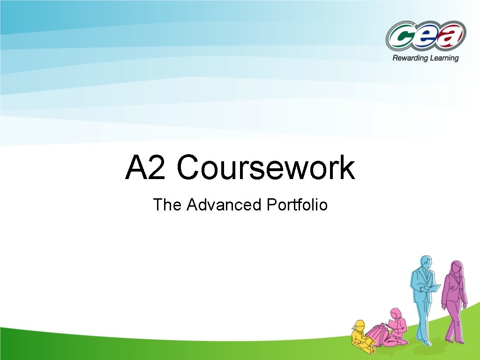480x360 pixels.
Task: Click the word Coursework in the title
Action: [x=266, y=168]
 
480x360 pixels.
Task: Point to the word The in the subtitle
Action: [x=167, y=205]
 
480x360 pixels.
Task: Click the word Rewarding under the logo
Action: [x=409, y=58]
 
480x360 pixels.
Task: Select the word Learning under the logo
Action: [x=443, y=58]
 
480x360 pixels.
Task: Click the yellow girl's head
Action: [x=360, y=325]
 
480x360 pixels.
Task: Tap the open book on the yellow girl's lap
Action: [x=370, y=342]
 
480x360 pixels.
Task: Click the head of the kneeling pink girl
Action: [x=396, y=313]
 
